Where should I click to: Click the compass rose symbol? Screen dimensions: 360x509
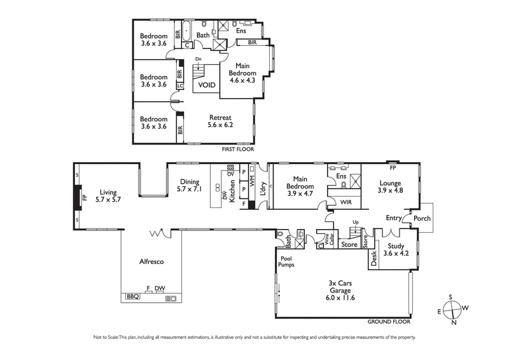[452, 310]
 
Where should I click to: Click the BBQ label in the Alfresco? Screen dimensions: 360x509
[132, 296]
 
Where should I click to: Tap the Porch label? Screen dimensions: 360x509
[422, 218]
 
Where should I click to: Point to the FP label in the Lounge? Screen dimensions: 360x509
[392, 169]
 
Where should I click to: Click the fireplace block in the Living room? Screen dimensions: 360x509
[77, 198]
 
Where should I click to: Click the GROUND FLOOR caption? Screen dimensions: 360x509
[389, 322]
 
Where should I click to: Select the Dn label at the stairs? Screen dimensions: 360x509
[199, 59]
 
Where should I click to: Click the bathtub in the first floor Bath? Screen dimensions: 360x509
[187, 30]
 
